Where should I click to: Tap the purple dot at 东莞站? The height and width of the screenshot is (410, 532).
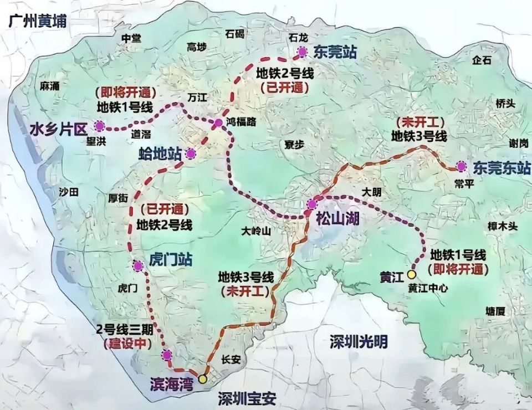click(302, 52)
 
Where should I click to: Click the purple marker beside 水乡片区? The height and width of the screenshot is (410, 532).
click(100, 126)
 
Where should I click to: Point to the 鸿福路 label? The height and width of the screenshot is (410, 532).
click(241, 122)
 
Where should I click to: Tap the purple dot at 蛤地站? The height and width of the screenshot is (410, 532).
click(191, 154)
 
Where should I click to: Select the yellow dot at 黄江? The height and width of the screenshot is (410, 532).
click(412, 274)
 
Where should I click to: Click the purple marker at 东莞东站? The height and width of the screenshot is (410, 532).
click(461, 166)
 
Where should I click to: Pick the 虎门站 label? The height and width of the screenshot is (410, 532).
click(171, 260)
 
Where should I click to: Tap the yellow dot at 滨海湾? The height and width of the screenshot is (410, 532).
click(203, 379)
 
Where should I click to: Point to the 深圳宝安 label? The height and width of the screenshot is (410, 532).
click(247, 398)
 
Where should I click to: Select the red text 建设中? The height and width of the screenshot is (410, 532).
click(127, 344)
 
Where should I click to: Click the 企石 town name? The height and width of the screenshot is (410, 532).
click(482, 61)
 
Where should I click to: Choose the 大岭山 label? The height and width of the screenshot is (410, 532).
click(256, 231)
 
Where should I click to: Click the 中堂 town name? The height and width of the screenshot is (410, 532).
click(131, 38)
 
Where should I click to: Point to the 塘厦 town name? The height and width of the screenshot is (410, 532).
click(495, 311)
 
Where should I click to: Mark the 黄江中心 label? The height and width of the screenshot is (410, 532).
click(427, 288)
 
